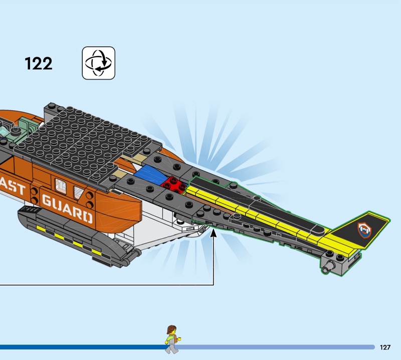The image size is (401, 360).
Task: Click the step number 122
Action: pyautogui.click(x=38, y=64)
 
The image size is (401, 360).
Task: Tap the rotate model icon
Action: pyautogui.click(x=99, y=63)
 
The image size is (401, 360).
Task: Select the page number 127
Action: pyautogui.click(x=385, y=347)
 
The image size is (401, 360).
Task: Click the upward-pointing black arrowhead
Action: pyautogui.click(x=215, y=232)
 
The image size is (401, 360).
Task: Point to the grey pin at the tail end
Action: pyautogui.click(x=329, y=267)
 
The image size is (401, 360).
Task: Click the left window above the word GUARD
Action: pyautogui.click(x=61, y=186)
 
